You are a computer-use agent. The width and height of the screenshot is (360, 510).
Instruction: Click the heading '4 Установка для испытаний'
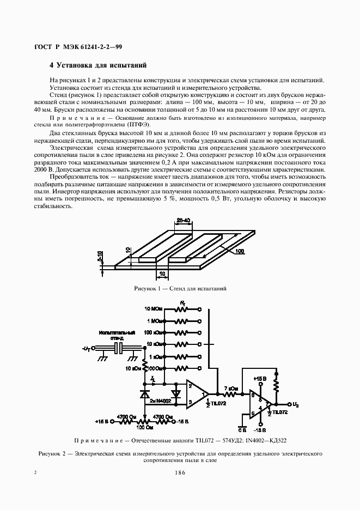pos(98,65)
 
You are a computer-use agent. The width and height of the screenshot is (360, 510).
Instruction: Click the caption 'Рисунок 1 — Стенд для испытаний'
pos(180,288)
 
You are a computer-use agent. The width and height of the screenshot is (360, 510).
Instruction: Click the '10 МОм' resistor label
pos(154,309)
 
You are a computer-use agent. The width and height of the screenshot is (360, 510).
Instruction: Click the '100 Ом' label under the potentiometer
pos(144,428)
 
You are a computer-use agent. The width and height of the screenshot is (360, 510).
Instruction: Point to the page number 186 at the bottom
pos(180,472)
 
